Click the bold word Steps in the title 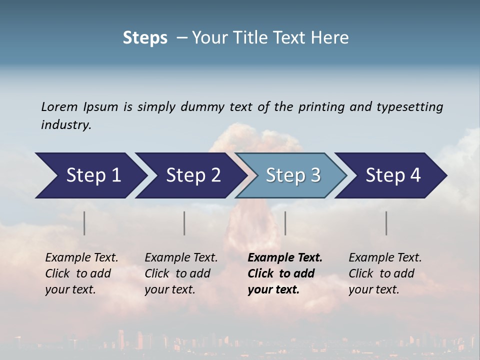click(x=145, y=38)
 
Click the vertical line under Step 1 click(x=84, y=223)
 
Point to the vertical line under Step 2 click(x=184, y=223)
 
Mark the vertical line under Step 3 click(x=285, y=223)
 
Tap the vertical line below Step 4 click(x=386, y=223)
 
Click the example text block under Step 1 click(x=81, y=273)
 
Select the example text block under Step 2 click(x=181, y=273)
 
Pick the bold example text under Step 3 click(x=285, y=273)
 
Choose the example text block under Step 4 click(x=385, y=273)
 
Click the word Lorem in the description click(x=59, y=106)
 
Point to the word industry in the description click(x=66, y=125)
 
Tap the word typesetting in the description click(x=409, y=107)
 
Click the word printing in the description click(x=321, y=107)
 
